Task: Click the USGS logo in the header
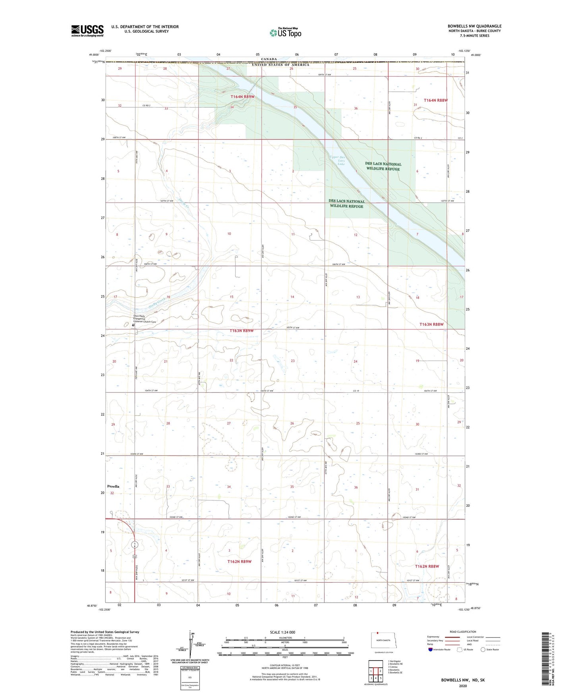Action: coord(87,31)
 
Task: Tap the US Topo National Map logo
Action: coord(285,32)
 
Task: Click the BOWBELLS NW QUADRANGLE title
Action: coord(474,26)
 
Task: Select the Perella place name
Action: coord(113,486)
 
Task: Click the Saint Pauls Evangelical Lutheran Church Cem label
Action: coord(145,319)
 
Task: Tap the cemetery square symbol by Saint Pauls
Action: coord(133,325)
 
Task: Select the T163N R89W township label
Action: coord(242,331)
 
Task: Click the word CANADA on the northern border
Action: coord(269,59)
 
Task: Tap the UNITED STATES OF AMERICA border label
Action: coord(280,65)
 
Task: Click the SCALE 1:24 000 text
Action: coord(282,632)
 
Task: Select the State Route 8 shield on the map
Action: coord(135,545)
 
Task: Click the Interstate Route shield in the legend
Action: coord(431,649)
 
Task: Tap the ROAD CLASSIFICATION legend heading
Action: coord(463,632)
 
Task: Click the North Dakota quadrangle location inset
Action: coord(383,642)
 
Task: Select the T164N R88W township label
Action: coord(436,100)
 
